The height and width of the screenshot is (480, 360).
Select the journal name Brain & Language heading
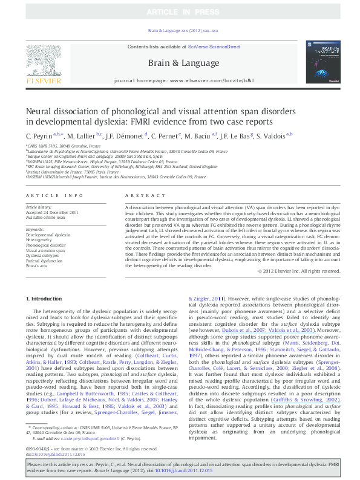179,62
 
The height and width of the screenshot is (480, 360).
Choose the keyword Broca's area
38,266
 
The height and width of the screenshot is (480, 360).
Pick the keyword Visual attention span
46,250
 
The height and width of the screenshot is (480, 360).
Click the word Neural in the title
38,112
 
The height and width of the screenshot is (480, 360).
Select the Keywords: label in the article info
36,230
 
